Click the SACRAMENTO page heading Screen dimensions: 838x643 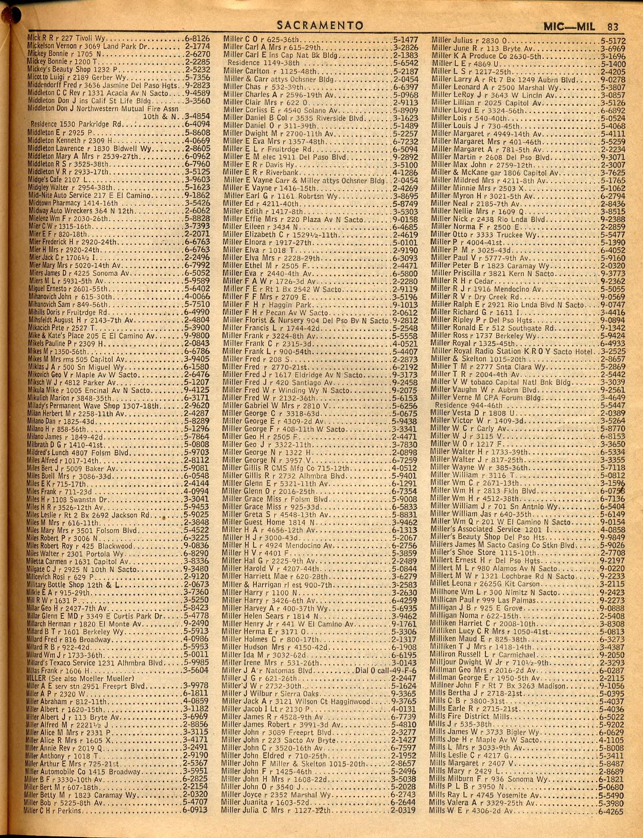[320, 26]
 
